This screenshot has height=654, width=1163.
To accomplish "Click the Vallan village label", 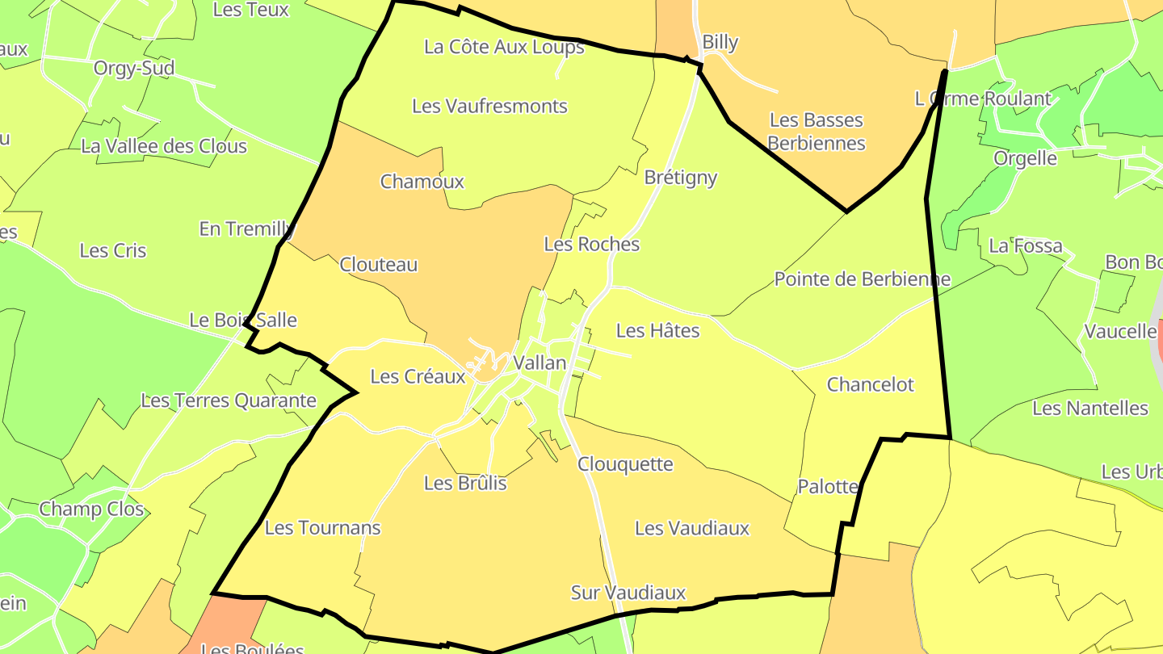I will (540, 363).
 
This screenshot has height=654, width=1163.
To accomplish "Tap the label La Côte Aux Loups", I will (504, 47).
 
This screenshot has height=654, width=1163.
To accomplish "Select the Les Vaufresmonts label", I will (489, 106).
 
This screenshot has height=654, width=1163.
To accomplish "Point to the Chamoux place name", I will (422, 182).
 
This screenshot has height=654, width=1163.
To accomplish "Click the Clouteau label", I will (379, 265).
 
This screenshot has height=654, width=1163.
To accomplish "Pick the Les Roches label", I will (592, 245).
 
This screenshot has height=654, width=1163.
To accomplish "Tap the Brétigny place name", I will (681, 178).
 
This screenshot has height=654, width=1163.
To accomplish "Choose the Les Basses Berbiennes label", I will (817, 132).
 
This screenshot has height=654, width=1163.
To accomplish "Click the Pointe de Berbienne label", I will (863, 279).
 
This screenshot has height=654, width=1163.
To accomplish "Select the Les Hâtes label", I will (658, 330).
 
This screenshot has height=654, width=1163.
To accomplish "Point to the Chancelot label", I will (871, 384).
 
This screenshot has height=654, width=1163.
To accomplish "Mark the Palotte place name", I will (827, 487).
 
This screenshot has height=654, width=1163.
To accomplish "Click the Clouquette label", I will (625, 464).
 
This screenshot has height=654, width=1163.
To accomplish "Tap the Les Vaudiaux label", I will (692, 529).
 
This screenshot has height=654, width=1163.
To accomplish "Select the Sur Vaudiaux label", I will (628, 593).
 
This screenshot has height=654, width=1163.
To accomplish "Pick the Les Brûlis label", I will (465, 483).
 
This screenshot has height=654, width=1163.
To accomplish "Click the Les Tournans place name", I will (322, 528).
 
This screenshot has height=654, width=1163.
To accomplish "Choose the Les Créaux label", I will (418, 377).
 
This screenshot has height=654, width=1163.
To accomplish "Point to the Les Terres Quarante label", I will (229, 400).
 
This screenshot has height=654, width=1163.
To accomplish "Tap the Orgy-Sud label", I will (134, 69).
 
